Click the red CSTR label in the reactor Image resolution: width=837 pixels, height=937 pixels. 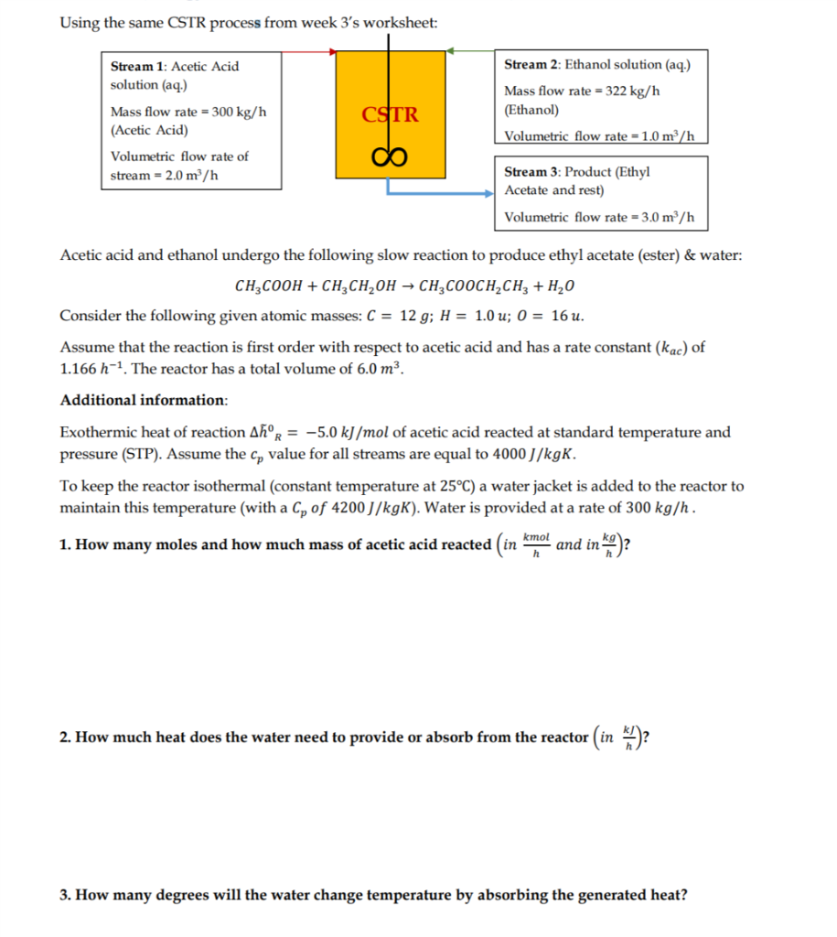click(x=390, y=115)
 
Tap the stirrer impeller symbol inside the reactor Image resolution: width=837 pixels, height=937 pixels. click(x=390, y=155)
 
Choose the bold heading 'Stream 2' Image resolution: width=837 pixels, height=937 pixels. click(x=532, y=65)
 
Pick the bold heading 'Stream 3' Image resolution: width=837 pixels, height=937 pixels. click(x=532, y=172)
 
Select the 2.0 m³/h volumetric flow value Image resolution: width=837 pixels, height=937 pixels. click(x=187, y=175)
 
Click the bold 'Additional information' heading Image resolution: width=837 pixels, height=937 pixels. click(x=144, y=401)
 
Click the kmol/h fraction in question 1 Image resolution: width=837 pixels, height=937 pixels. click(x=537, y=544)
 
